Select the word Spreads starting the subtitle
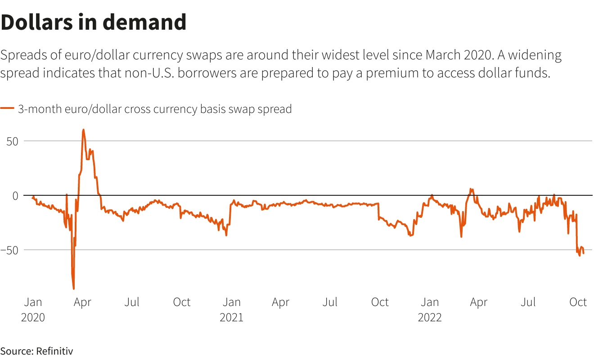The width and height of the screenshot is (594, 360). click(23, 56)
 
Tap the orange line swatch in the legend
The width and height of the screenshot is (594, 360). click(7, 109)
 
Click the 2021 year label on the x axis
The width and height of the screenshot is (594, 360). click(231, 317)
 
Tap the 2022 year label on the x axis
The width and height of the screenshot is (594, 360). click(430, 317)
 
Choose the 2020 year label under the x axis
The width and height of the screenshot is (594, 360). click(33, 317)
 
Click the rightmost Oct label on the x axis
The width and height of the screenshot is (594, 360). click(578, 302)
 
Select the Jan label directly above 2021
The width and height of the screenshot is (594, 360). click(231, 302)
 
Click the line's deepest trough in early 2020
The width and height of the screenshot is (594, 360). click(73, 288)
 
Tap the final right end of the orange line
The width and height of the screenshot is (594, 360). click(584, 254)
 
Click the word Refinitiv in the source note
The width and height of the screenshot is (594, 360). click(54, 351)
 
